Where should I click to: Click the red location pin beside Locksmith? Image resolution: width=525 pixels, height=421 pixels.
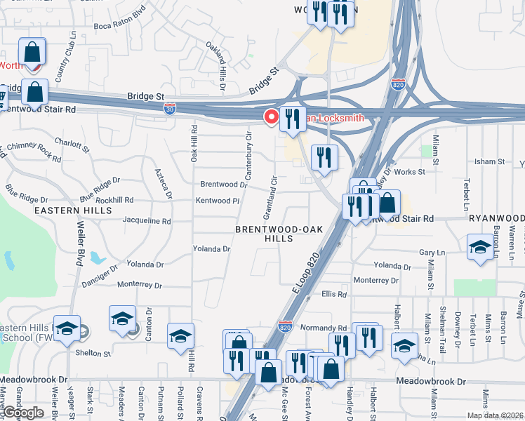[270, 116]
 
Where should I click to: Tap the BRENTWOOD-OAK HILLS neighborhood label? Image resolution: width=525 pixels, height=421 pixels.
[274, 234]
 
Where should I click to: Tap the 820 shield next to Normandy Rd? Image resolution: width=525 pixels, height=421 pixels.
[285, 327]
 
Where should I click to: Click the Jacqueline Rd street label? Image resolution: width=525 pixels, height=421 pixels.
[147, 221]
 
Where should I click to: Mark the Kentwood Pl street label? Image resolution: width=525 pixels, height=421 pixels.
[218, 201]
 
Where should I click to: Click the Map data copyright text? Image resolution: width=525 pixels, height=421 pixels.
[496, 415]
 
